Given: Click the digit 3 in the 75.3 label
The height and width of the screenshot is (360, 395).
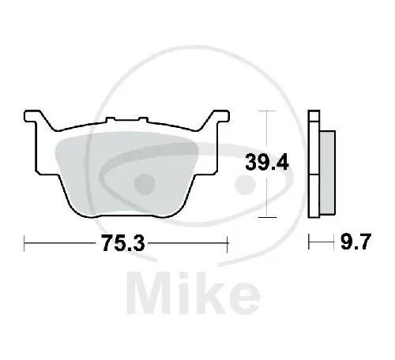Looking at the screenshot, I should [x=143, y=244].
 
